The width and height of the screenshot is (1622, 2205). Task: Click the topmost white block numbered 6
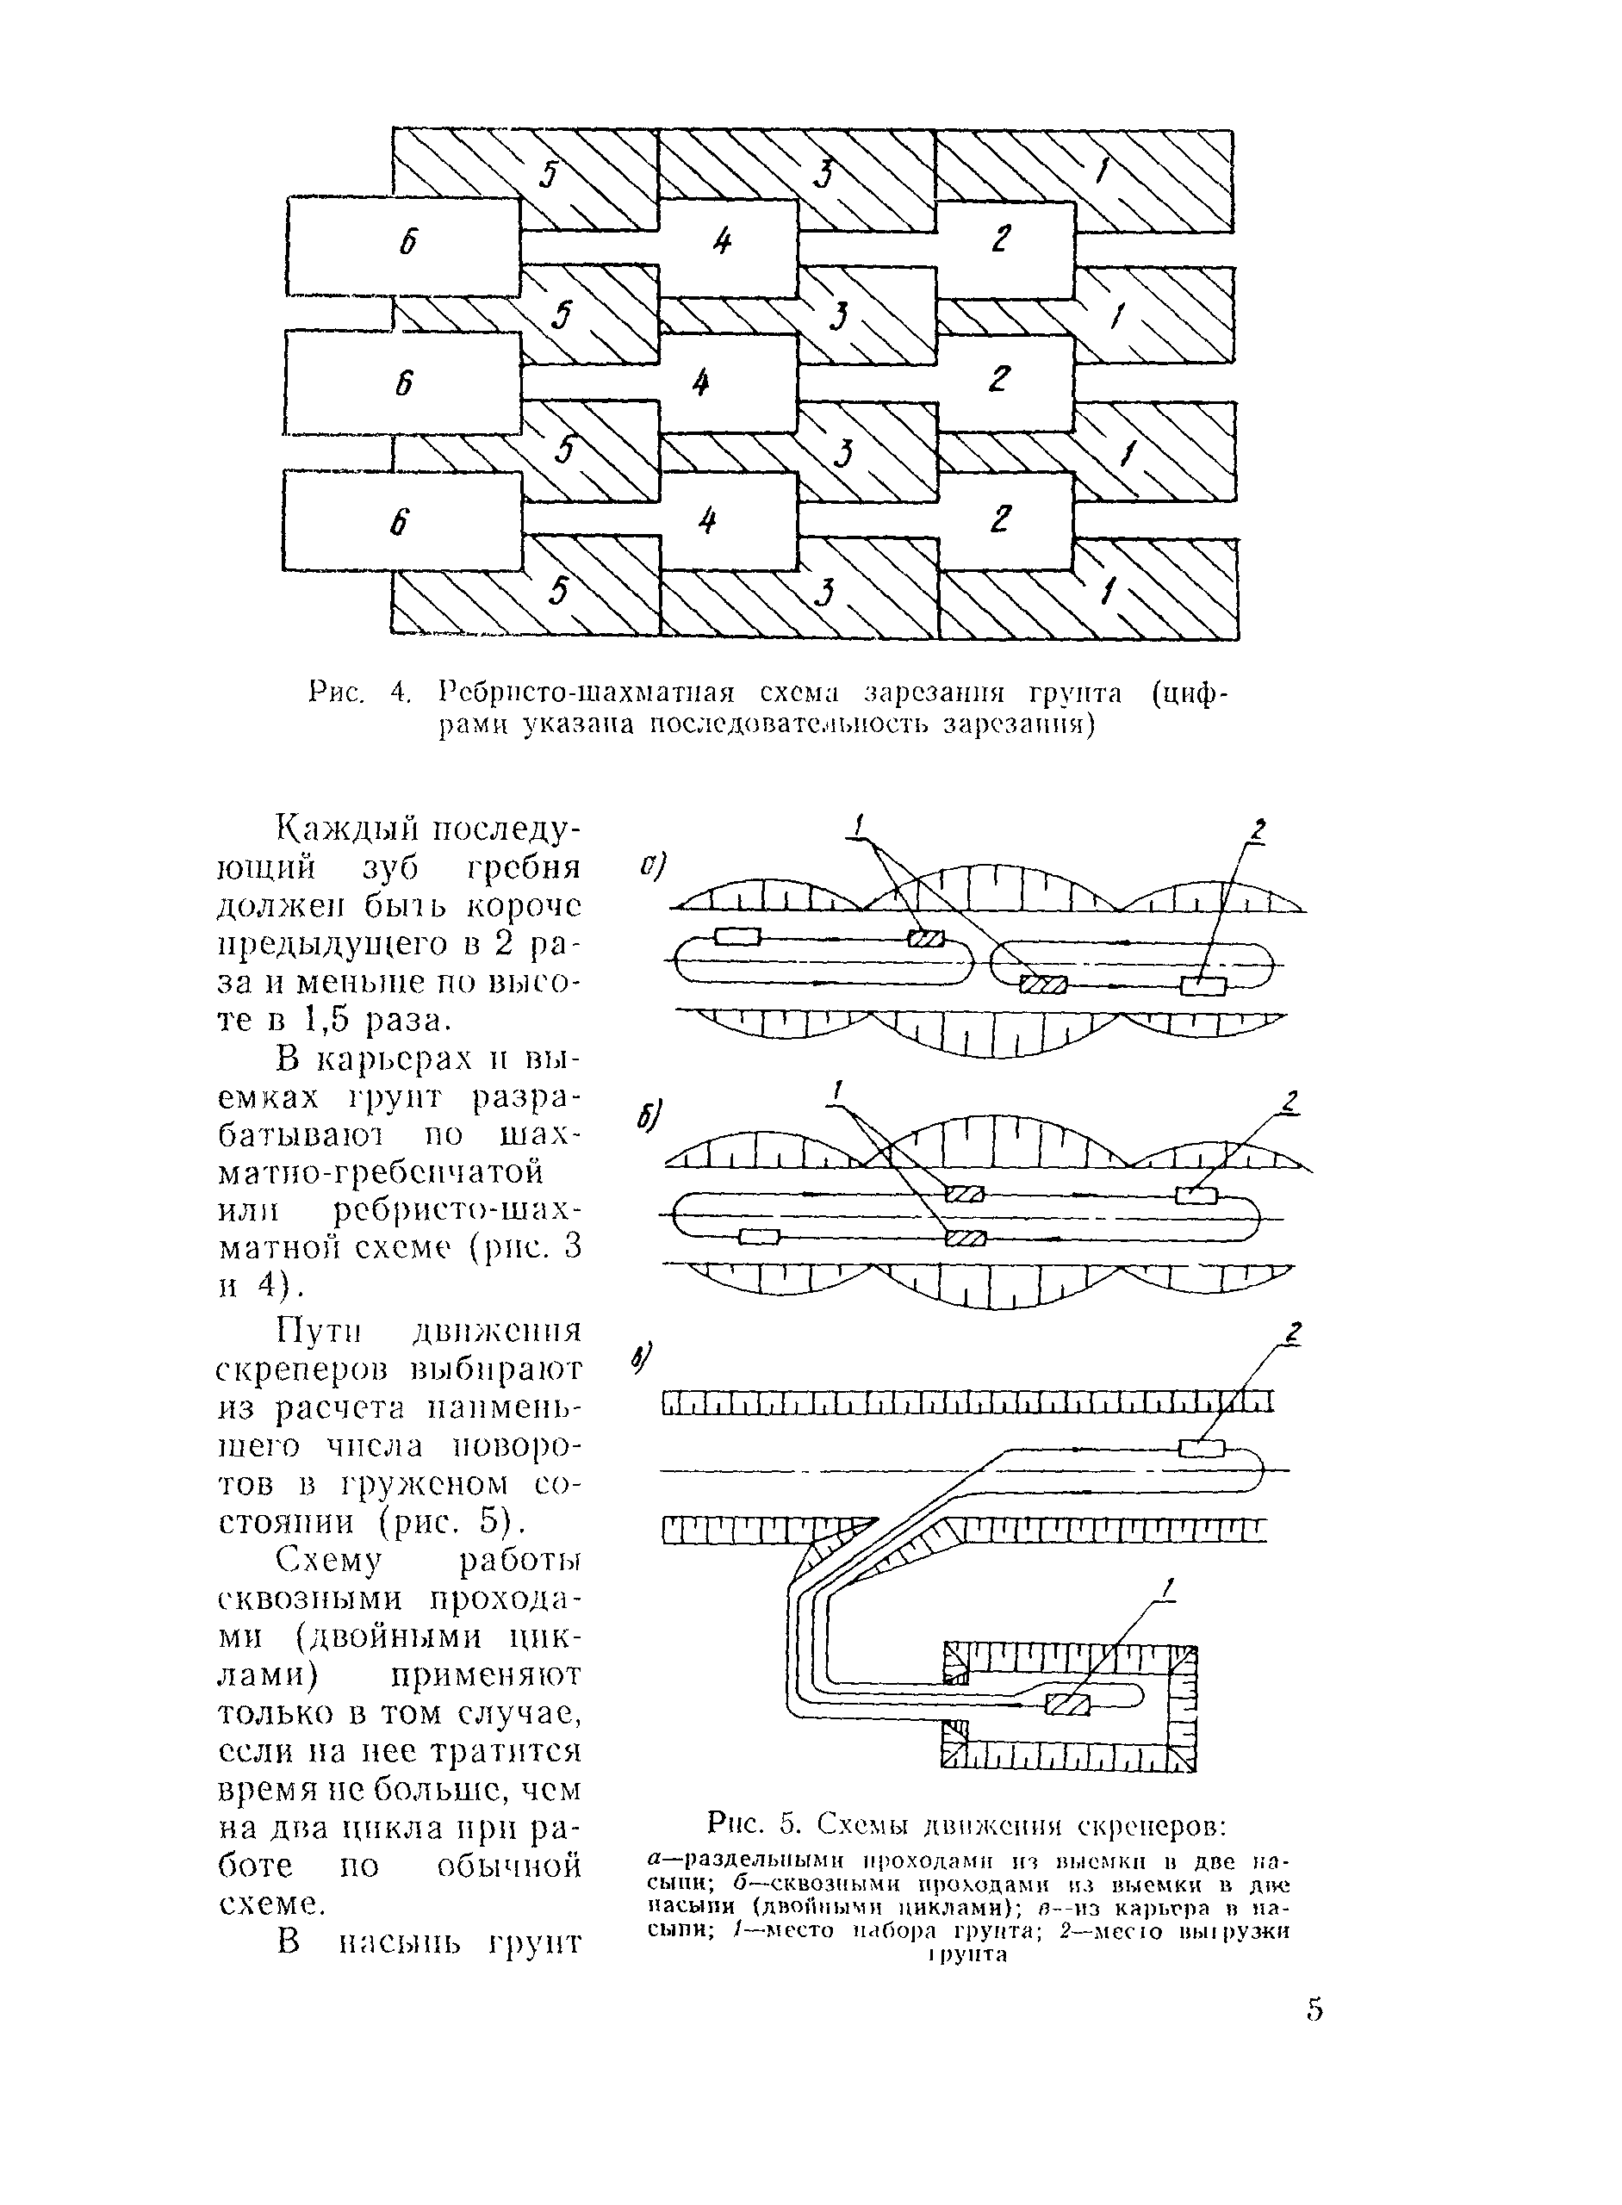(x=403, y=245)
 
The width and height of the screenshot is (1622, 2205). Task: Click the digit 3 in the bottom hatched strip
(x=824, y=593)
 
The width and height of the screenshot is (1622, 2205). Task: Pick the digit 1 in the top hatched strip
(x=1101, y=171)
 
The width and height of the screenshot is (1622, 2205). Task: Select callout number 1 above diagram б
(x=837, y=1090)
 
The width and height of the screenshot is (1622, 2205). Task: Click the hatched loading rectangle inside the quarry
(x=1068, y=1705)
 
